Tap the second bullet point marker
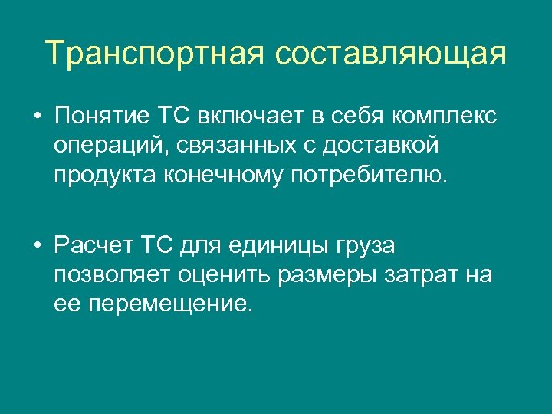click(x=36, y=247)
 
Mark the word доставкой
click(x=395, y=146)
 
